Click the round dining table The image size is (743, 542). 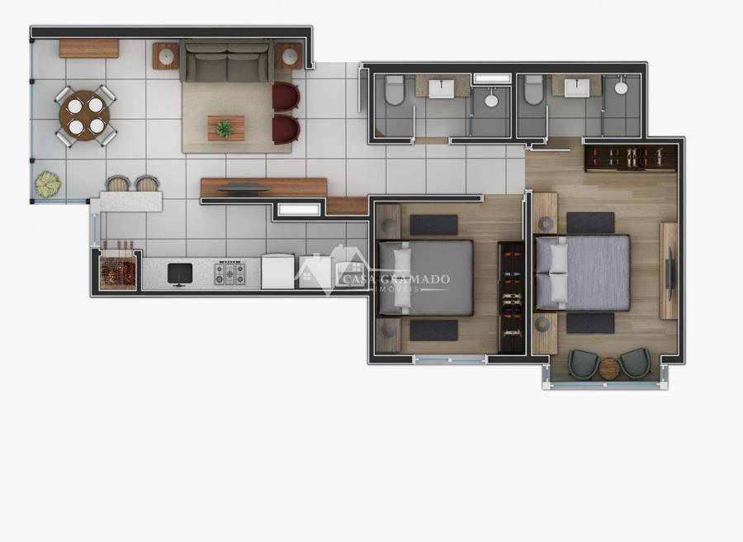point(84,116)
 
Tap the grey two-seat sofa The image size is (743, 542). point(227,61)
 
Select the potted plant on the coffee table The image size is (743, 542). point(224,129)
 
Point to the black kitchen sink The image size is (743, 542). point(180,274)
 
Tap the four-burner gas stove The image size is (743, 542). point(230,273)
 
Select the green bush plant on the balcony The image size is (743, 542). point(47,184)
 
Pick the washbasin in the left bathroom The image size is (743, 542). point(441,88)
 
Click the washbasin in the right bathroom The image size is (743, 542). point(577,88)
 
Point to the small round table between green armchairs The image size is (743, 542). point(608,368)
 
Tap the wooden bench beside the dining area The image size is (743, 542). point(88,49)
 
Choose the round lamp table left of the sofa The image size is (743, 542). point(166,56)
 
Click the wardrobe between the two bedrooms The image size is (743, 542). point(511,297)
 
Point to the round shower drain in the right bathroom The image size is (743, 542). point(621,88)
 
